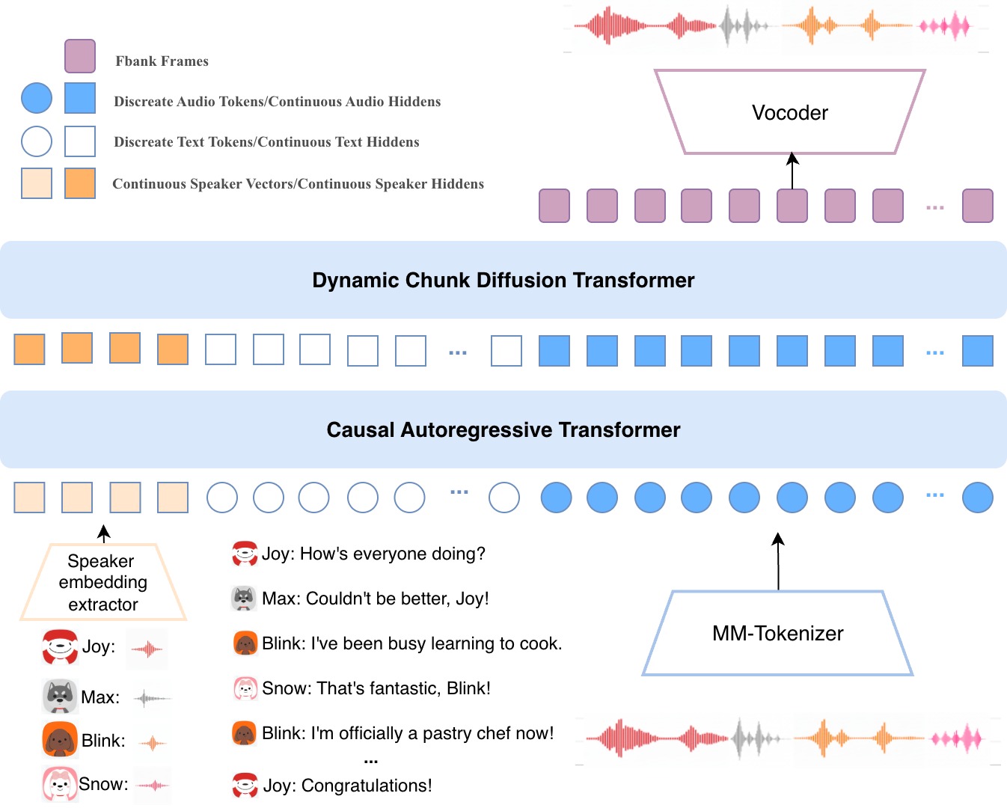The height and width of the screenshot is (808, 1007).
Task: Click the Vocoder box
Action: tap(790, 113)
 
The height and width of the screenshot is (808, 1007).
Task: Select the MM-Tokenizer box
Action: tap(777, 634)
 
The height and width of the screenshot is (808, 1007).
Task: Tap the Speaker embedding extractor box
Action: tap(102, 583)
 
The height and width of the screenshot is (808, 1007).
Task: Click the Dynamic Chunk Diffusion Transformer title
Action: tap(503, 281)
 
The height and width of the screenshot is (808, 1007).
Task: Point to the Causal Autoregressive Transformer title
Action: tap(503, 430)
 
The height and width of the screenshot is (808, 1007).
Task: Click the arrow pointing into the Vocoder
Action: tap(792, 170)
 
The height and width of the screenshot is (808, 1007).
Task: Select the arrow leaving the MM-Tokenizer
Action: tap(778, 561)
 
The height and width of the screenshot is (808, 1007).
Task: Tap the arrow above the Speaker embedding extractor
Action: tap(104, 533)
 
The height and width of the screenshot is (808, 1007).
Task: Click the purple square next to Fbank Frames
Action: tap(80, 56)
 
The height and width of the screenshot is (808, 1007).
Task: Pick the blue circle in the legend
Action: tap(37, 98)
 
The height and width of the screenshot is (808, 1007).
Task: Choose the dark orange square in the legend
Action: tap(80, 183)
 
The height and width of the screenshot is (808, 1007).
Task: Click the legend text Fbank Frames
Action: tap(162, 61)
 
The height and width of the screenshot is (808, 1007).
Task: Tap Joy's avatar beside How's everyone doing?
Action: tap(245, 554)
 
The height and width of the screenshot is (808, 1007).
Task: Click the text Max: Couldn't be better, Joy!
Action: tap(375, 599)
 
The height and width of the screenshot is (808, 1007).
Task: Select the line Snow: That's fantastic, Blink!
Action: tap(376, 688)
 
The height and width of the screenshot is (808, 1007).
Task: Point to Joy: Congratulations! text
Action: tap(347, 786)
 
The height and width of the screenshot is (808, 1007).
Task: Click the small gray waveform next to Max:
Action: tap(152, 699)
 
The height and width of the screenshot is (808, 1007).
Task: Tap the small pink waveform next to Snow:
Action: tap(153, 785)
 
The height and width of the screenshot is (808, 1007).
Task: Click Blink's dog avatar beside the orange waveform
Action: tap(60, 741)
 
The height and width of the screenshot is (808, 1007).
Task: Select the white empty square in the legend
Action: tap(80, 141)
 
